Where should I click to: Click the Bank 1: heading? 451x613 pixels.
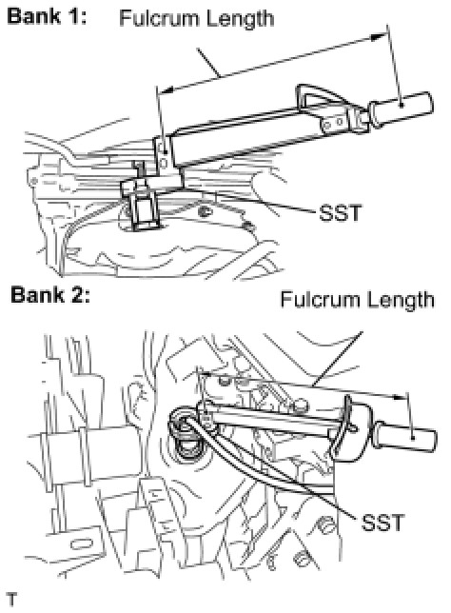pyautogui.click(x=47, y=16)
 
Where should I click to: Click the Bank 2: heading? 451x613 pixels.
pyautogui.click(x=50, y=294)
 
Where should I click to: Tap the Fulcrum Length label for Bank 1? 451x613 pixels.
pyautogui.click(x=197, y=19)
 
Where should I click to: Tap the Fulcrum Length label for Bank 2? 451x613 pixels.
pyautogui.click(x=357, y=300)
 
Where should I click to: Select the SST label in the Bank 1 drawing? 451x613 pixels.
pyautogui.click(x=340, y=213)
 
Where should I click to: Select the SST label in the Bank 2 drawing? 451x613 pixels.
pyautogui.click(x=382, y=523)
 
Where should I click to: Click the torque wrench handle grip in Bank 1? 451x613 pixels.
pyautogui.click(x=402, y=109)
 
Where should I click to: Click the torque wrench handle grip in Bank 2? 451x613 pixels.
pyautogui.click(x=405, y=437)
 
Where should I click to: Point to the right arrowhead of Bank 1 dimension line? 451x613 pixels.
pyautogui.click(x=377, y=37)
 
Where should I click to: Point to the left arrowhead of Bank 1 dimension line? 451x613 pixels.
pyautogui.click(x=167, y=90)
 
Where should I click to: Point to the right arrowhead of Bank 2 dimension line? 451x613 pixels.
pyautogui.click(x=400, y=397)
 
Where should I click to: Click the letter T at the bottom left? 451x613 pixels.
pyautogui.click(x=12, y=600)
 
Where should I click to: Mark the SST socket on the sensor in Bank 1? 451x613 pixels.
pyautogui.click(x=144, y=209)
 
